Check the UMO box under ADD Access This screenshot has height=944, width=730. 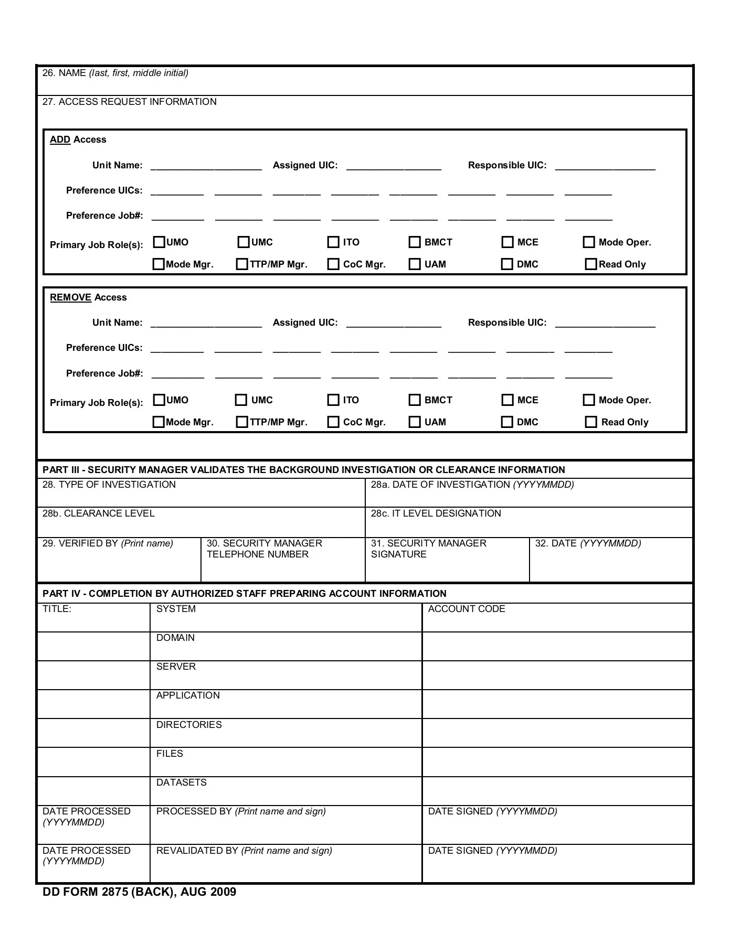click(x=158, y=242)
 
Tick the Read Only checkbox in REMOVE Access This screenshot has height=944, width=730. click(x=591, y=422)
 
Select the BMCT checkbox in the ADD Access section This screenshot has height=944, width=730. click(x=415, y=242)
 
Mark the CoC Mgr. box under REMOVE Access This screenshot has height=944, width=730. click(x=333, y=422)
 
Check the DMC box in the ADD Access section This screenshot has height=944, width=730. click(x=507, y=264)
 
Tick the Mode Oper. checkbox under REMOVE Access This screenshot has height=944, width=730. click(x=589, y=400)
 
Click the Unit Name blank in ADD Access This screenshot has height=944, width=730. click(x=206, y=166)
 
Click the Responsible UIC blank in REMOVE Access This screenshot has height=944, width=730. click(x=605, y=323)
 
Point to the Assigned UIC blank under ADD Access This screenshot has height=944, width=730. click(x=394, y=166)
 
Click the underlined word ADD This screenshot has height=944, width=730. click(x=60, y=140)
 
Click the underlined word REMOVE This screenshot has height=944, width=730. click(x=70, y=298)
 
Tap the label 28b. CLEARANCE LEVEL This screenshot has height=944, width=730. click(x=99, y=513)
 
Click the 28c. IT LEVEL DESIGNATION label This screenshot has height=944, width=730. click(x=436, y=513)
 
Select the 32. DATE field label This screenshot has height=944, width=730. click(x=588, y=543)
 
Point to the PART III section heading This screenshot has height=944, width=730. click(x=303, y=470)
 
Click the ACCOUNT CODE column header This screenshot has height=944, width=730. click(x=467, y=609)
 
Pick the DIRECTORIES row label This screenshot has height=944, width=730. click(x=189, y=725)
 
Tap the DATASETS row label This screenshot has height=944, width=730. click(x=181, y=782)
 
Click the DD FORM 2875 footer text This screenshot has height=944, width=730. click(x=139, y=892)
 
